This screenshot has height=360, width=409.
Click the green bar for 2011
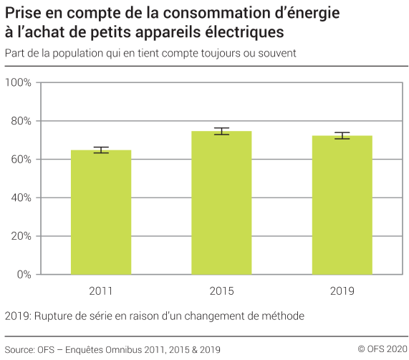pyautogui.click(x=101, y=212)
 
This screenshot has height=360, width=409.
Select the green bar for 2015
pyautogui.click(x=221, y=203)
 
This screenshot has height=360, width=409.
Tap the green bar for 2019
pyautogui.click(x=342, y=205)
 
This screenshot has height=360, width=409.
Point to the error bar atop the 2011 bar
pyautogui.click(x=101, y=150)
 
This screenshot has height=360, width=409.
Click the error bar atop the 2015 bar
pyautogui.click(x=221, y=131)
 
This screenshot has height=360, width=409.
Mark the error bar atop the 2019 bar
pyautogui.click(x=342, y=136)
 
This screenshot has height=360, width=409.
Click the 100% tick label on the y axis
pyautogui.click(x=18, y=82)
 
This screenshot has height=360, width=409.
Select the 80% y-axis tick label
pyautogui.click(x=20, y=121)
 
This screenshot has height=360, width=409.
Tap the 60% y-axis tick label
pyautogui.click(x=20, y=159)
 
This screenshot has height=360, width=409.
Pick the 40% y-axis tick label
pyautogui.click(x=20, y=198)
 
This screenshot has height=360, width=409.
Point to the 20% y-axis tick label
pyautogui.click(x=20, y=235)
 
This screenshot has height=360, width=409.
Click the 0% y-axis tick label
pyautogui.click(x=23, y=274)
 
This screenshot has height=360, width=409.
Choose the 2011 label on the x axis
pyautogui.click(x=101, y=291)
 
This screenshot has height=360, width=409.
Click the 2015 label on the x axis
pyautogui.click(x=221, y=291)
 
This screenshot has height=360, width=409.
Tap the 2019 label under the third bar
pyautogui.click(x=342, y=291)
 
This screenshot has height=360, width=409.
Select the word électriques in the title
pyautogui.click(x=244, y=33)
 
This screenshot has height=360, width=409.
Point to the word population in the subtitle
pyautogui.click(x=77, y=54)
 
